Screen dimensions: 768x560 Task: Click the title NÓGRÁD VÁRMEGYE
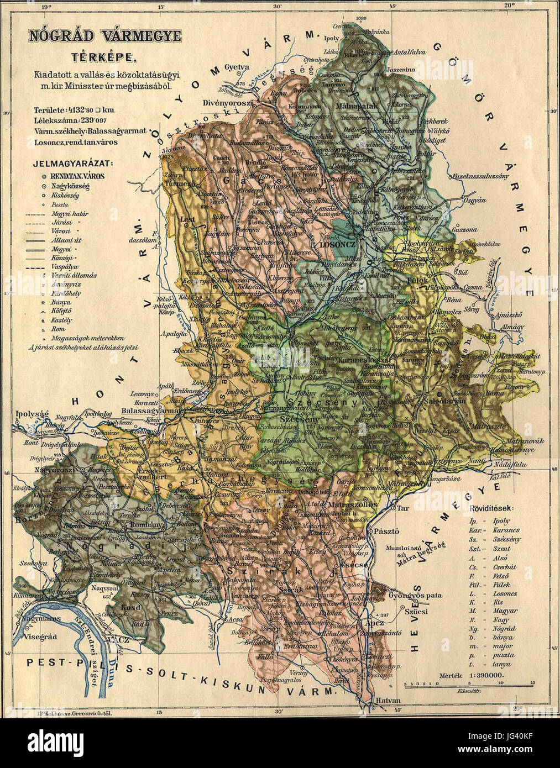[105, 36]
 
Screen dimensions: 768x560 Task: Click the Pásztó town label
[386, 531]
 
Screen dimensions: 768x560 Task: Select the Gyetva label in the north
[238, 68]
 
